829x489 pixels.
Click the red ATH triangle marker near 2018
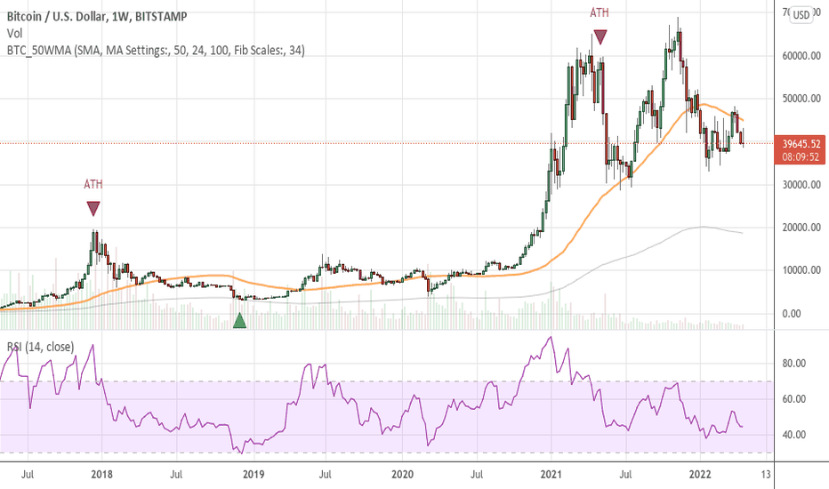pyautogui.click(x=93, y=209)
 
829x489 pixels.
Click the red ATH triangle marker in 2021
pyautogui.click(x=601, y=37)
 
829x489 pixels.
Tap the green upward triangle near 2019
pyautogui.click(x=239, y=321)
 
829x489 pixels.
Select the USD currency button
pyautogui.click(x=801, y=14)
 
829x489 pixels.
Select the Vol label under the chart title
pyautogui.click(x=14, y=33)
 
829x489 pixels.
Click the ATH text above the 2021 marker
pyautogui.click(x=601, y=13)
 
